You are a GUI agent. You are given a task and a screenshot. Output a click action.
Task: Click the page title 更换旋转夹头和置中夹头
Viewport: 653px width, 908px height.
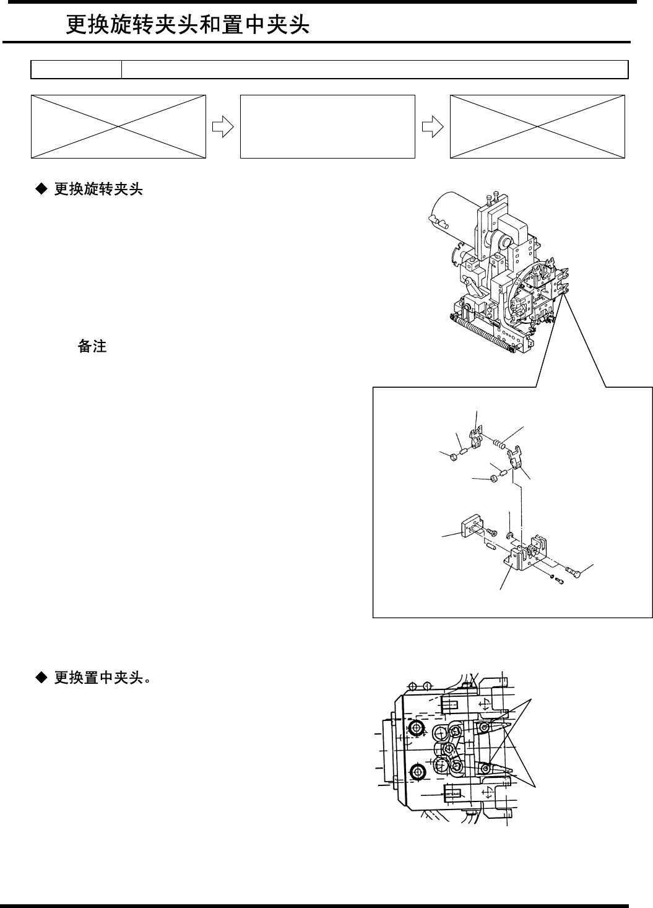coord(188,25)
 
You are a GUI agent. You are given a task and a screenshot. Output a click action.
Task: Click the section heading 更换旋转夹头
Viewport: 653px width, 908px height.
coord(98,190)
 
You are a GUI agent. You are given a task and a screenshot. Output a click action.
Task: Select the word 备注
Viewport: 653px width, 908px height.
coord(92,347)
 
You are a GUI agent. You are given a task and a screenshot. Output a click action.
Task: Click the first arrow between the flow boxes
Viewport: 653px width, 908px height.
coord(222,126)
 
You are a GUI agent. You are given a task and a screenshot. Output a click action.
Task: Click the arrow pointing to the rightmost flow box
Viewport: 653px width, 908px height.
coord(431,126)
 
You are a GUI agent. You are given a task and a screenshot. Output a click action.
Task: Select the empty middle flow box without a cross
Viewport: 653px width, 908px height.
coord(327,126)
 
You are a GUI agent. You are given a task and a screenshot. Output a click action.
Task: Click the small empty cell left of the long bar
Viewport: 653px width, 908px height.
coord(76,69)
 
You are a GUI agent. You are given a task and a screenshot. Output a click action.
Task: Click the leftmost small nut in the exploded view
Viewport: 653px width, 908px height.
coord(452,456)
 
